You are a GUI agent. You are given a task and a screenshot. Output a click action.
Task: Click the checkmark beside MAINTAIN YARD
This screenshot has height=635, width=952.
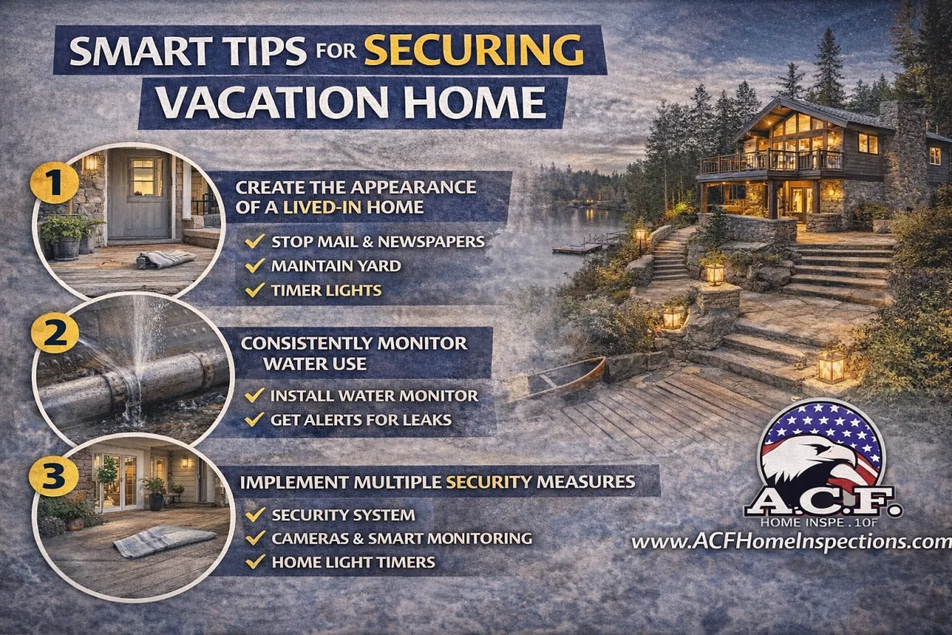click(x=255, y=265)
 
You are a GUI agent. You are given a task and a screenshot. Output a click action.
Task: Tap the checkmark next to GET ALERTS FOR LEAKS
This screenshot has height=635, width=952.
click(x=255, y=419)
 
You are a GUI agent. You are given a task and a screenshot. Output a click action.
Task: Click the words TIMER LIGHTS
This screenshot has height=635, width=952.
click(x=326, y=291)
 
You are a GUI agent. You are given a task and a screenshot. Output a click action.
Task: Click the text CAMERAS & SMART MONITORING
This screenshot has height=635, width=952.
click(x=401, y=538)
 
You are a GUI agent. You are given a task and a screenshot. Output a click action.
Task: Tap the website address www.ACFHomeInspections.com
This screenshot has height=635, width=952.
click(x=791, y=542)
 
